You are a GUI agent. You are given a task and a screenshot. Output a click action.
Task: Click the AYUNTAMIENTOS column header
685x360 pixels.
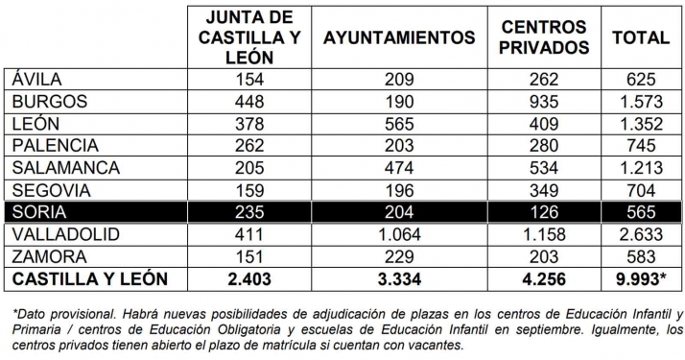point(400,38)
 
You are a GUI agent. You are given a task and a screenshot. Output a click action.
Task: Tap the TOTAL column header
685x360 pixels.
point(641,38)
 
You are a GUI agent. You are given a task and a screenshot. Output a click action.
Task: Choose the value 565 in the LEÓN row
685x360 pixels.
point(400,124)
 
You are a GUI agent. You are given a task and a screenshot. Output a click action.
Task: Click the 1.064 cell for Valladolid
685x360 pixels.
point(400,234)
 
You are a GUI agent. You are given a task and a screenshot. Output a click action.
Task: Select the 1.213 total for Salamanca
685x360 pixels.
point(641,168)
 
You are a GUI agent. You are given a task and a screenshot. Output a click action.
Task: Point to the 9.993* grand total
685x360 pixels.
point(641,279)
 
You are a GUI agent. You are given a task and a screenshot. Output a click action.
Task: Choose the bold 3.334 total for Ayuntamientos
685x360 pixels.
point(400,279)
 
